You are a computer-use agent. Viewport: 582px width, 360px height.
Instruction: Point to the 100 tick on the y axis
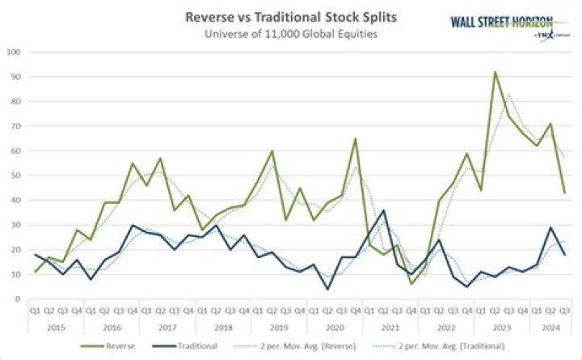pos(14,52)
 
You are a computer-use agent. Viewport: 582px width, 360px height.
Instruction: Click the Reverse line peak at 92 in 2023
pos(495,72)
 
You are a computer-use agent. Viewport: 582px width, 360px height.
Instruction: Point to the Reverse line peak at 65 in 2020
pos(355,138)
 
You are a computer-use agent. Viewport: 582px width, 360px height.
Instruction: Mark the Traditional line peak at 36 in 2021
pos(382,210)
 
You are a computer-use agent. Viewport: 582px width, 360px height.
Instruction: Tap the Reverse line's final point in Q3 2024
pos(563,193)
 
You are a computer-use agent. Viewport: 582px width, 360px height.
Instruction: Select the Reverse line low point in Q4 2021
pos(411,284)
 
